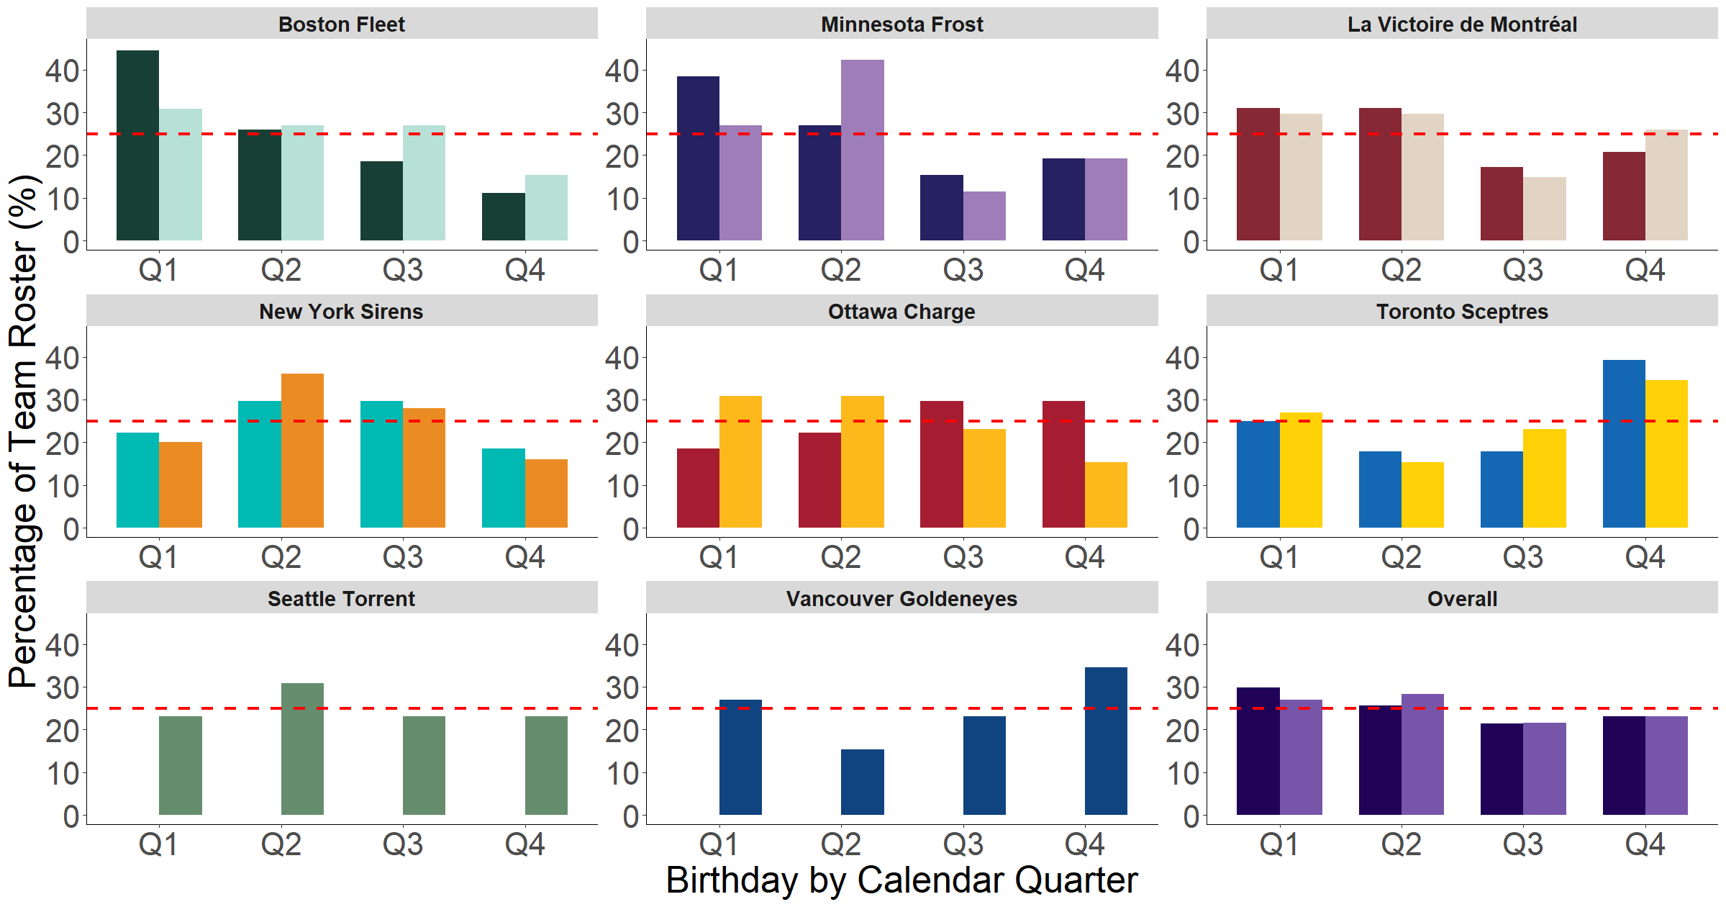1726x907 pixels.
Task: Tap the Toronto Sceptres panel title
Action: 1461,312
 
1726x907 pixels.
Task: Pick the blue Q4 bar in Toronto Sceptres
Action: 1623,443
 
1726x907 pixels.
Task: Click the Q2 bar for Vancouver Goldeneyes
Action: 862,782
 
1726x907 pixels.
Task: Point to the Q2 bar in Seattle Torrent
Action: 302,749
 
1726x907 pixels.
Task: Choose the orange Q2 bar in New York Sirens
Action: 302,451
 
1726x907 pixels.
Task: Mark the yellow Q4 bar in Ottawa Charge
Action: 1106,495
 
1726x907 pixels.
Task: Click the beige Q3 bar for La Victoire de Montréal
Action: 1544,209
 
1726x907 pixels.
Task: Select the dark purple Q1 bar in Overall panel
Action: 1258,751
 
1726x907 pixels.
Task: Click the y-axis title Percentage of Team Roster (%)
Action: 23,432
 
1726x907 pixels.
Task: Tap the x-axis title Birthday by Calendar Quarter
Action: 901,880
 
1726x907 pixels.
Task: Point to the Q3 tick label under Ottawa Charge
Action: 963,557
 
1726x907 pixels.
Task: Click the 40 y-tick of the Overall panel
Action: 1182,645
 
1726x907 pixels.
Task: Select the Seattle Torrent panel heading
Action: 341,599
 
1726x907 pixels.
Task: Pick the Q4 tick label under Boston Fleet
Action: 524,271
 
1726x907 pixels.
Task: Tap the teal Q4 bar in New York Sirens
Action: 503,488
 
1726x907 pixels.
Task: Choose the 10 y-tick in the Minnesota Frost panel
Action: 622,199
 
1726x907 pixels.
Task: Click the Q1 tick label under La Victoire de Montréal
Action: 1278,271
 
